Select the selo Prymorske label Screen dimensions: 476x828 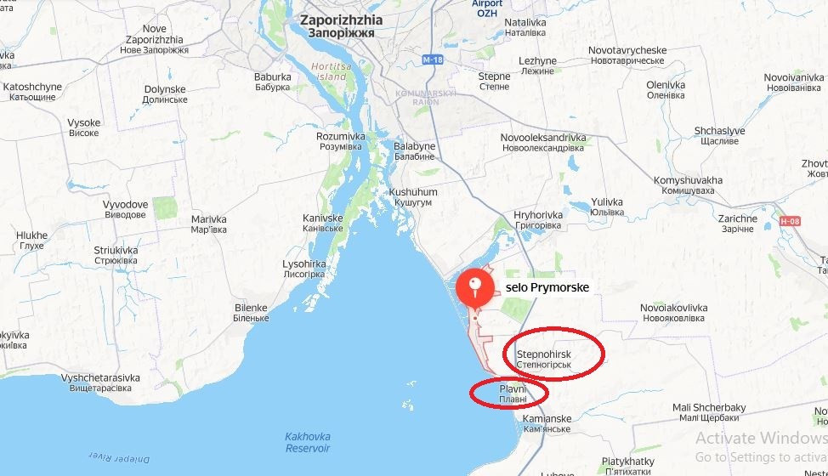pos(547,288)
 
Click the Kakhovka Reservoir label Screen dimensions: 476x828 pos(307,442)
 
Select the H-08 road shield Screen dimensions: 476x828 pos(791,222)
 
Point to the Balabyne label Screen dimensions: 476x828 pos(414,151)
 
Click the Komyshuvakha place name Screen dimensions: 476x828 pos(688,186)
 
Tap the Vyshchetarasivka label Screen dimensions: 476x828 pos(101,383)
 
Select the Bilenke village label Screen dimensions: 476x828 pos(250,312)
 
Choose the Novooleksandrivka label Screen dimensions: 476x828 pos(542,142)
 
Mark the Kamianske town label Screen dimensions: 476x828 pos(547,424)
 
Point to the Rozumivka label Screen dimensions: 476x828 pos(341,141)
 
